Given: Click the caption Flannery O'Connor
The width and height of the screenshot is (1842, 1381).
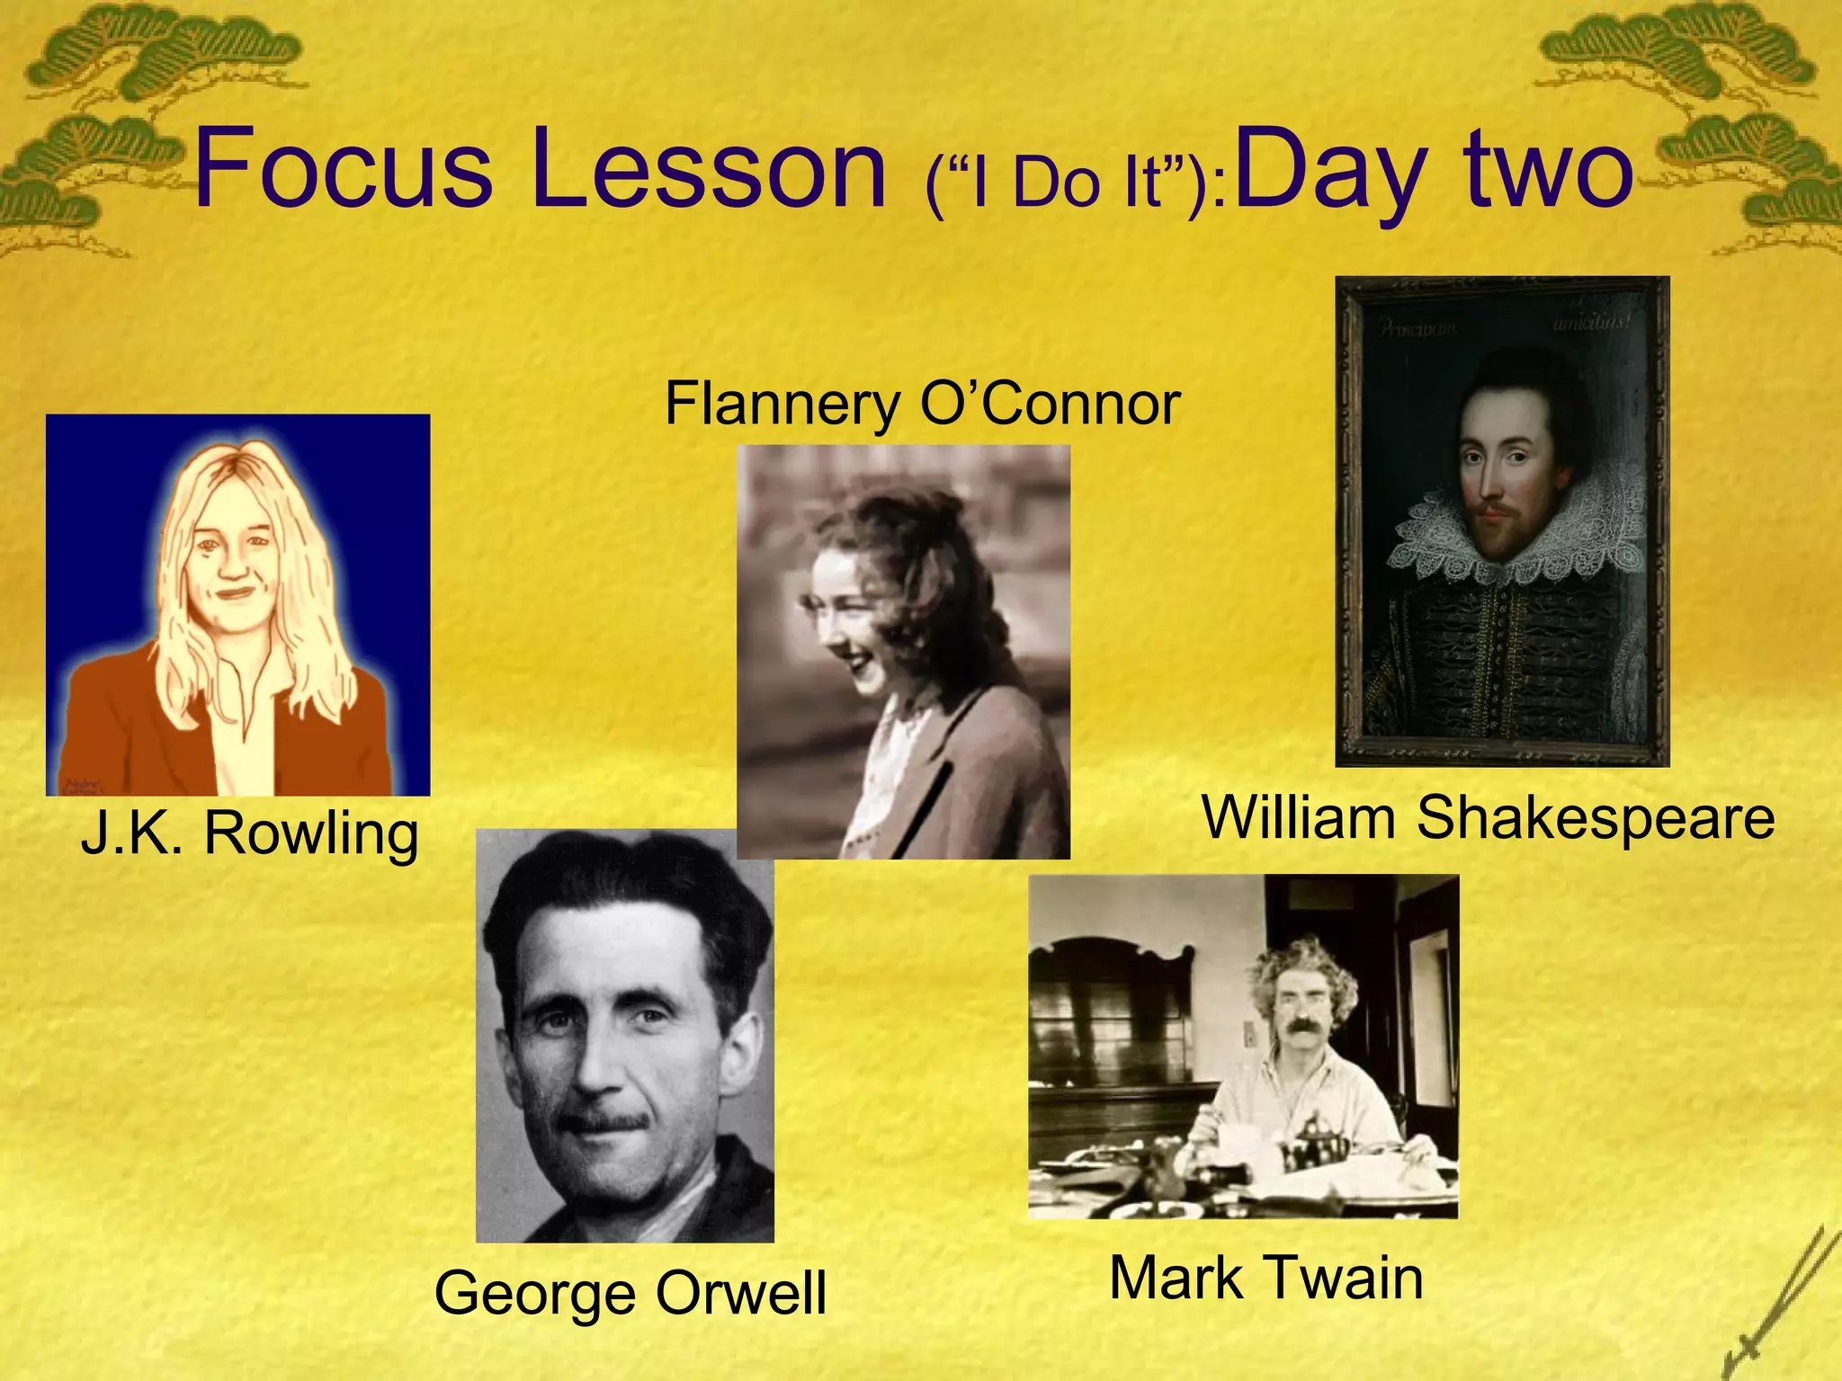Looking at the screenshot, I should (921, 404).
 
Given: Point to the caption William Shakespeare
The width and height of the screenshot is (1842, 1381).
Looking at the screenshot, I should (1488, 818).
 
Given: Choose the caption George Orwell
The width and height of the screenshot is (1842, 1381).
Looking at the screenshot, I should (630, 1293).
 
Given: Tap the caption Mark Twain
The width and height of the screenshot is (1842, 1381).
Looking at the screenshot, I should (1265, 1278).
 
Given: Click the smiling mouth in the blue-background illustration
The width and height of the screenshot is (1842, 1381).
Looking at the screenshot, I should (235, 592).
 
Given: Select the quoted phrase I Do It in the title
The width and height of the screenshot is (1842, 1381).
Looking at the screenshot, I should (1075, 185).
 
